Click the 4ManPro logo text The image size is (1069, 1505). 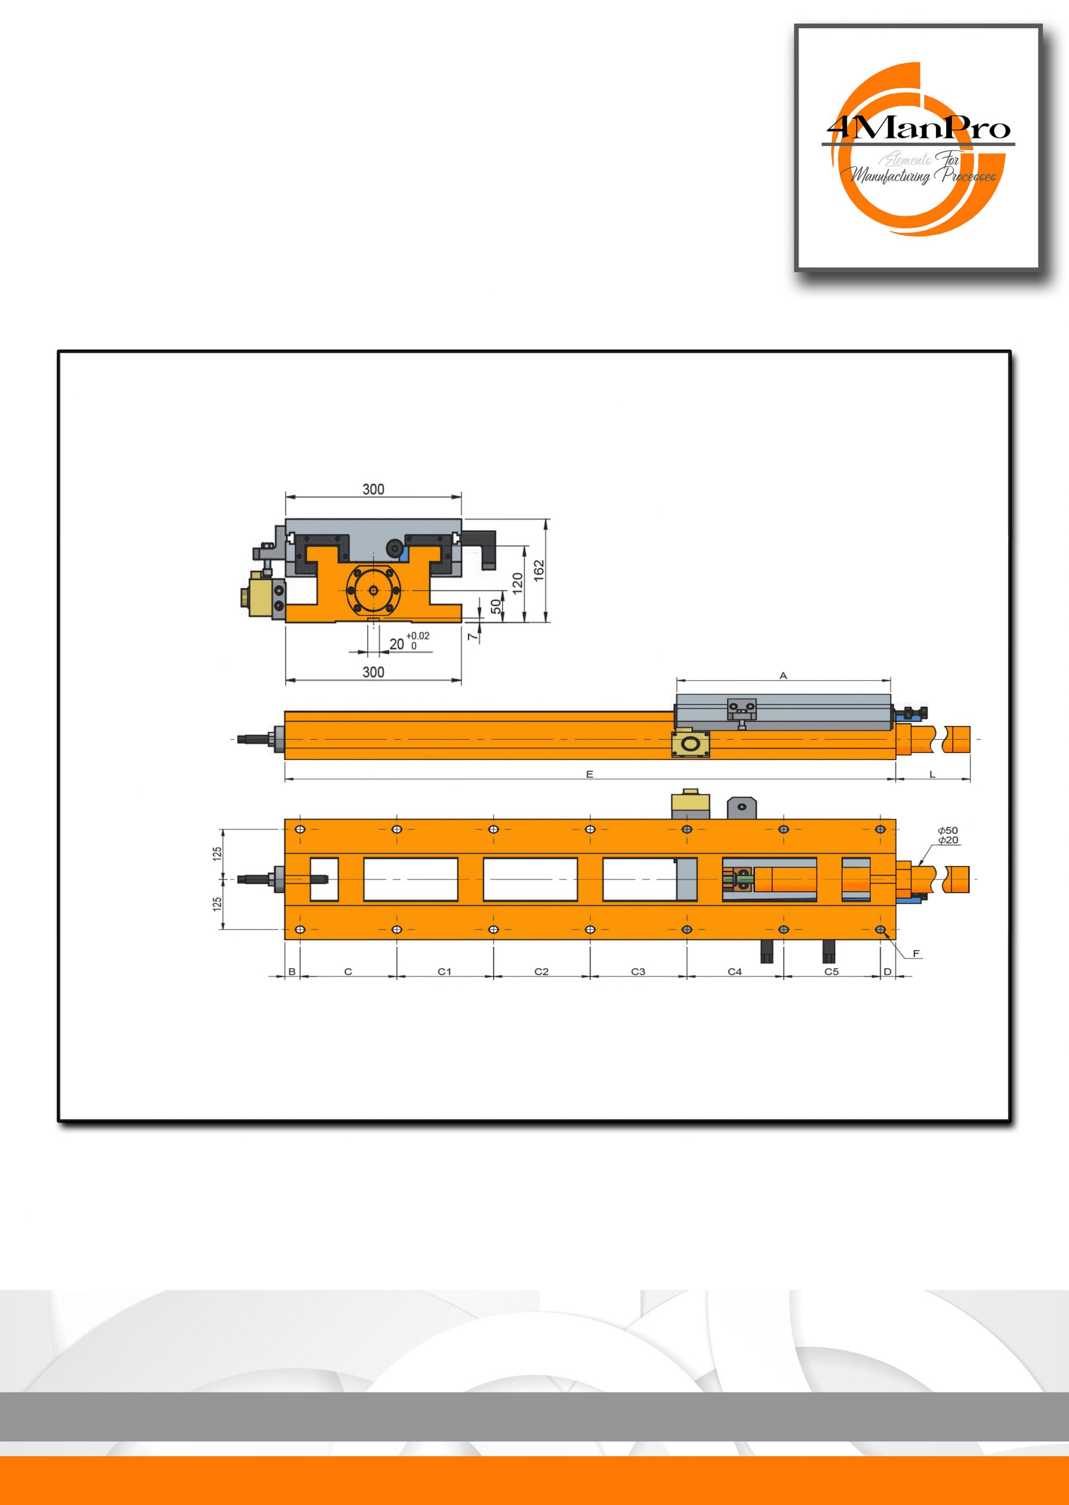point(918,128)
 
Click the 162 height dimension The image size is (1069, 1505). point(539,571)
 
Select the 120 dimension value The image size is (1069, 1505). point(517,582)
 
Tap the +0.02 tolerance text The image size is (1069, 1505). point(418,636)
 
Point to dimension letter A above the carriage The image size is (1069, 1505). point(783,675)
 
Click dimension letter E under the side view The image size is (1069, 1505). point(590,775)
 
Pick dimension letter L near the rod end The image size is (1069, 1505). point(932,775)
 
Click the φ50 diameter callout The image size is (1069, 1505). point(948,831)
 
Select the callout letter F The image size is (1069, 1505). point(916,953)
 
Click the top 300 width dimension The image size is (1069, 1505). point(373,489)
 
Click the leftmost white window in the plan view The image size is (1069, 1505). point(324,879)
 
